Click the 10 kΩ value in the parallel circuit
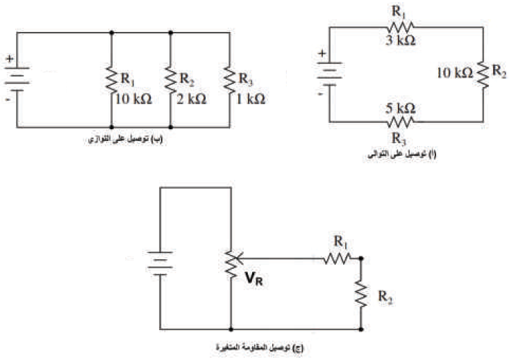click(132, 99)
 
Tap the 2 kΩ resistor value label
click(190, 99)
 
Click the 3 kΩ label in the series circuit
click(401, 40)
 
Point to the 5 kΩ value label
click(401, 108)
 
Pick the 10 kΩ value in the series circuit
click(456, 72)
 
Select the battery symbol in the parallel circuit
click(17, 79)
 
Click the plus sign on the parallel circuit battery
click(10, 60)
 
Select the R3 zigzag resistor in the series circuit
click(401, 120)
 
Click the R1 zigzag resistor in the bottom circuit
click(337, 258)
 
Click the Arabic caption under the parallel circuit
click(126, 139)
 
